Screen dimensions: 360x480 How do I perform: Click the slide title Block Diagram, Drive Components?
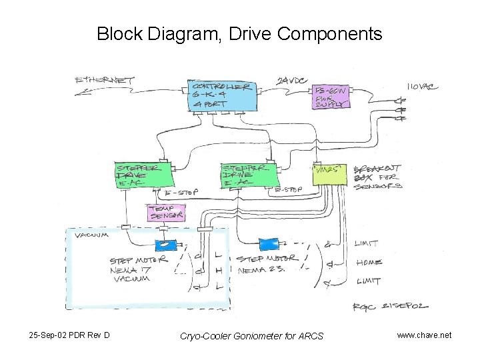(239, 33)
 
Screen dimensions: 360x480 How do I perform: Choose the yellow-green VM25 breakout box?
(330, 175)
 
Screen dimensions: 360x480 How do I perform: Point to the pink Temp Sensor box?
(165, 212)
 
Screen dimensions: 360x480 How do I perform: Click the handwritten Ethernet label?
(105, 81)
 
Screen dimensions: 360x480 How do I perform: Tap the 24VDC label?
(292, 81)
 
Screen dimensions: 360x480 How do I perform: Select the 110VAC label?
(423, 87)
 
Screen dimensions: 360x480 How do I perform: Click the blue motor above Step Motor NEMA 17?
(164, 245)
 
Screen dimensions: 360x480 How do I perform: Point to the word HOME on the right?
(369, 263)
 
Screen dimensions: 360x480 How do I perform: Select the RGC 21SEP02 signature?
(390, 306)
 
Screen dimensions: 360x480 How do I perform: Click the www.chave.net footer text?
(424, 335)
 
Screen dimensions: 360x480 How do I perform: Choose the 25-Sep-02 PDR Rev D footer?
(70, 335)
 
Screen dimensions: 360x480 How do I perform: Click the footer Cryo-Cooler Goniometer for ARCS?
(251, 335)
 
